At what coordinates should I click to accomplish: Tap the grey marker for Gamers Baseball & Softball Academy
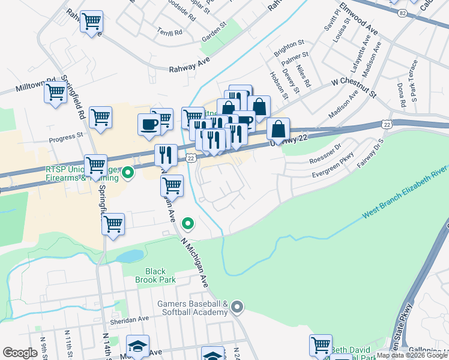click(x=237, y=308)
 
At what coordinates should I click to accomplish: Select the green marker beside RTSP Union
click(x=127, y=174)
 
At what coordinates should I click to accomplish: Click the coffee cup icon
click(x=149, y=124)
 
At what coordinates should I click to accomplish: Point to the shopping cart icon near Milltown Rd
click(x=55, y=92)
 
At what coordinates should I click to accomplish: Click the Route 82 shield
click(x=401, y=12)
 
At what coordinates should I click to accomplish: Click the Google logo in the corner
click(x=20, y=353)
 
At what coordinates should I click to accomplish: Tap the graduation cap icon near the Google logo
click(x=138, y=347)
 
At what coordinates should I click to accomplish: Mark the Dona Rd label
click(x=401, y=91)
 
